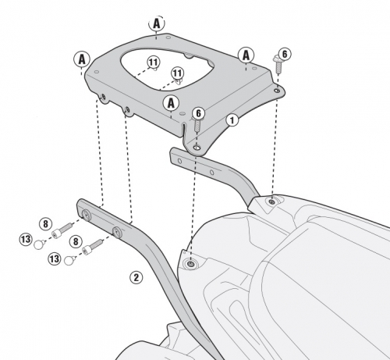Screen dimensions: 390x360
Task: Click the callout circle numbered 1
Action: click(x=232, y=120)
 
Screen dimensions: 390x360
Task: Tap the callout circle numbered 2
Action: click(x=136, y=277)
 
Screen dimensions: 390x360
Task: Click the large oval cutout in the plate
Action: click(x=167, y=69)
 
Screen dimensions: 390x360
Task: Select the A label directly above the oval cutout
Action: click(x=157, y=23)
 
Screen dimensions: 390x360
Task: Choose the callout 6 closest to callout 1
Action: click(x=198, y=113)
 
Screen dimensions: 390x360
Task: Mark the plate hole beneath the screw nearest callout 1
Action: click(x=197, y=148)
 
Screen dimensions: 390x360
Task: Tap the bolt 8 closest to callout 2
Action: click(x=92, y=247)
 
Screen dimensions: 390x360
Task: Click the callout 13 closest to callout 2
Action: click(x=55, y=259)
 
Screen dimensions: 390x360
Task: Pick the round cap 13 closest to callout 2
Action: click(x=69, y=260)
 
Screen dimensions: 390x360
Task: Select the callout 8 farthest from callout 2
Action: click(x=45, y=223)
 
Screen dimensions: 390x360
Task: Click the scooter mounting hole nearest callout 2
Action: click(x=191, y=265)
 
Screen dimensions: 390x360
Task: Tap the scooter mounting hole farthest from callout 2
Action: click(x=272, y=202)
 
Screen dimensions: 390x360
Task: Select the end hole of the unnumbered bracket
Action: click(x=179, y=161)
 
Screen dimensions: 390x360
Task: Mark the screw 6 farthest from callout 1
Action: click(x=278, y=65)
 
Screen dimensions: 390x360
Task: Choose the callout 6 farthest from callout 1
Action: click(x=285, y=54)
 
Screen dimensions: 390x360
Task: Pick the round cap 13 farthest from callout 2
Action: click(x=38, y=244)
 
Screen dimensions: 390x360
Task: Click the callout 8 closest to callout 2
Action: click(x=76, y=241)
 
